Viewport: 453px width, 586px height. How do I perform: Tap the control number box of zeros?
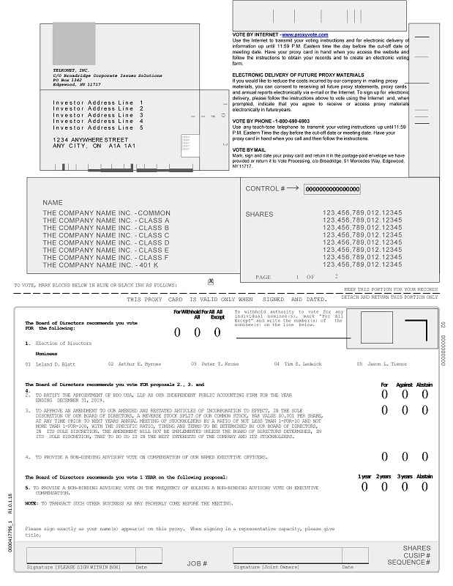pyautogui.click(x=332, y=189)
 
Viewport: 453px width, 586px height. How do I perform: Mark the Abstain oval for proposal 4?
pyautogui.click(x=425, y=456)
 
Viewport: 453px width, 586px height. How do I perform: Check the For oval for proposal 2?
pyautogui.click(x=384, y=393)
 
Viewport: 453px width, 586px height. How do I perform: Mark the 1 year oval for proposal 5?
pyautogui.click(x=364, y=486)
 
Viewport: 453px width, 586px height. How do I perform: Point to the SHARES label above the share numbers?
pyautogui.click(x=259, y=215)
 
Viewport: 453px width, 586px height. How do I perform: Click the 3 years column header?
pyautogui.click(x=405, y=477)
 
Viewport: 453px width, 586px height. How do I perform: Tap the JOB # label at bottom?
pyautogui.click(x=197, y=563)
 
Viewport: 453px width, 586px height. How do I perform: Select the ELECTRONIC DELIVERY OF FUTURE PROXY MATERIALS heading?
pyautogui.click(x=298, y=75)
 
